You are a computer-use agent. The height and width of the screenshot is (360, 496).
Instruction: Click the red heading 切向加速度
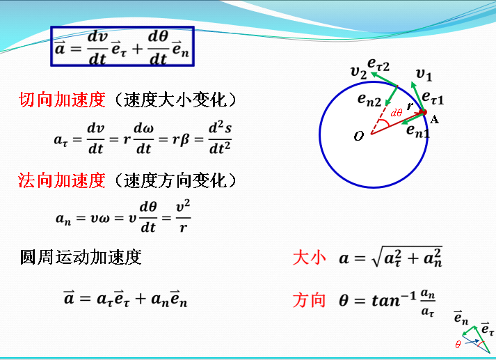tap(61, 100)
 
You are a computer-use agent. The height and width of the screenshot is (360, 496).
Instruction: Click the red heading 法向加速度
tap(61, 181)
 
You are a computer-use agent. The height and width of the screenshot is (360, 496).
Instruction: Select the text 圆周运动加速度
tap(81, 258)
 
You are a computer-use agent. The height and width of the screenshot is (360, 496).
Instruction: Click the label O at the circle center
tap(359, 136)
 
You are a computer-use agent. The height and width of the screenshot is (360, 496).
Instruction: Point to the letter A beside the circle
tap(435, 119)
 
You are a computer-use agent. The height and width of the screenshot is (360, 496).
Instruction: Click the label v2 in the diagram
tap(359, 71)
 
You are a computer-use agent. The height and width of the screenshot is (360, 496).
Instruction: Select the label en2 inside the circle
tap(369, 100)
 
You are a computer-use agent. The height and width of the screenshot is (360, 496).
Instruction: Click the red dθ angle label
tap(396, 112)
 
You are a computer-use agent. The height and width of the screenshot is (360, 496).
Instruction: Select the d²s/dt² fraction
tap(220, 138)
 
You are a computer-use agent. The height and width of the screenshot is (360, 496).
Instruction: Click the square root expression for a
tap(407, 258)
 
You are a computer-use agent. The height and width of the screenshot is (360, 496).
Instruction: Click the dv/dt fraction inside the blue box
tap(97, 47)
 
